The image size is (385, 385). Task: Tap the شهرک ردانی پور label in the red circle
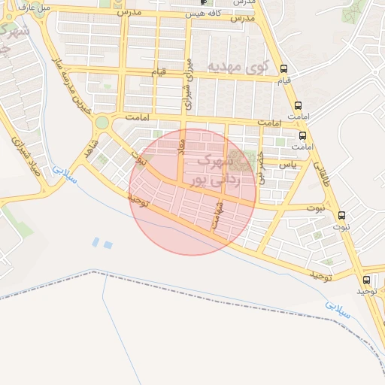pyautogui.click(x=220, y=171)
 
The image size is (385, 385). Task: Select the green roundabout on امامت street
pyautogui.click(x=102, y=122)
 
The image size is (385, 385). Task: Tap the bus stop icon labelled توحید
pyautogui.click(x=366, y=280)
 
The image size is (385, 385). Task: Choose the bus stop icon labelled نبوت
pyautogui.click(x=342, y=215)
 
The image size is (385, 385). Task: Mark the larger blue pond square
pyautogui.click(x=108, y=244)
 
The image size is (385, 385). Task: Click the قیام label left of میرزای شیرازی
pyautogui.click(x=157, y=72)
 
